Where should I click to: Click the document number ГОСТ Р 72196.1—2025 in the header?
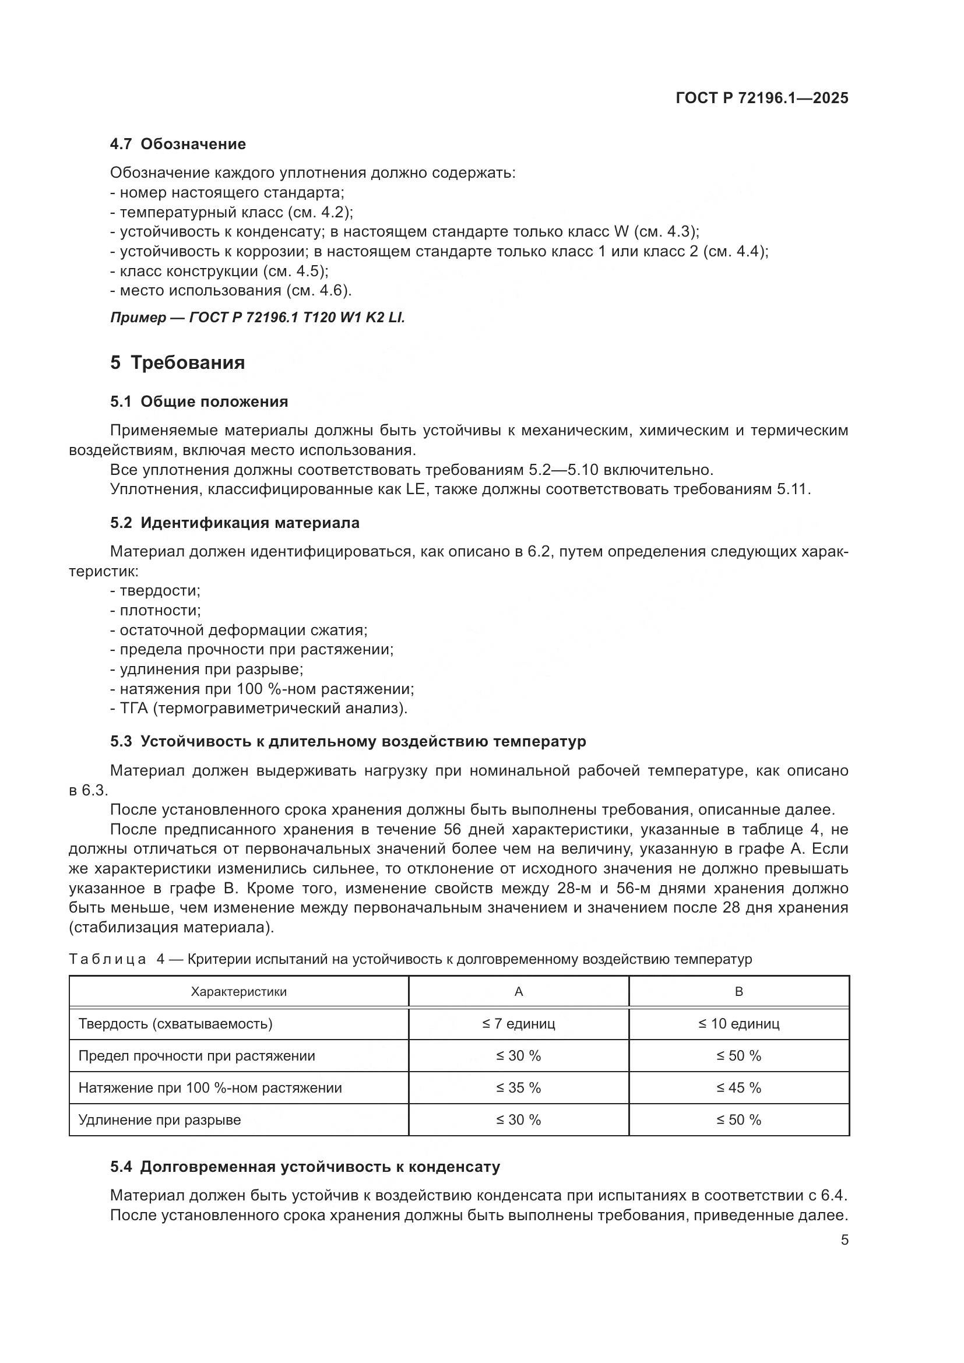[x=762, y=98]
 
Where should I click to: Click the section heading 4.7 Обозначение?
[x=178, y=145]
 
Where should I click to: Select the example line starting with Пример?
[x=257, y=318]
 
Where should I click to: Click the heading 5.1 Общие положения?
[x=199, y=402]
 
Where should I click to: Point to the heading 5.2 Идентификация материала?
[x=234, y=523]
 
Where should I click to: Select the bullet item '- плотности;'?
[x=156, y=610]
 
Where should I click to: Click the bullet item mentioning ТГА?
[x=259, y=708]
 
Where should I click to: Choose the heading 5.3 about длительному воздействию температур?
[x=348, y=741]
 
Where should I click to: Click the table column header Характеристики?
[x=238, y=992]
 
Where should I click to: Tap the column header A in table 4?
[x=518, y=992]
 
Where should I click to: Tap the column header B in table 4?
[x=738, y=992]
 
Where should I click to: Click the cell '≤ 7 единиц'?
[x=518, y=1024]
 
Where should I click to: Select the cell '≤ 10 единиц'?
[x=738, y=1024]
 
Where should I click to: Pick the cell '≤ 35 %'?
[x=518, y=1088]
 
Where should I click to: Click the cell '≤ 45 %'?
[x=738, y=1088]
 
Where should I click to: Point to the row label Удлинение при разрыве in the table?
[x=160, y=1120]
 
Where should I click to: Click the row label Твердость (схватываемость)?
[x=175, y=1024]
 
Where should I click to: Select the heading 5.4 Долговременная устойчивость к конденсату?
[x=305, y=1167]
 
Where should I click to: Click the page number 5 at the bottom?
[x=844, y=1240]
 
